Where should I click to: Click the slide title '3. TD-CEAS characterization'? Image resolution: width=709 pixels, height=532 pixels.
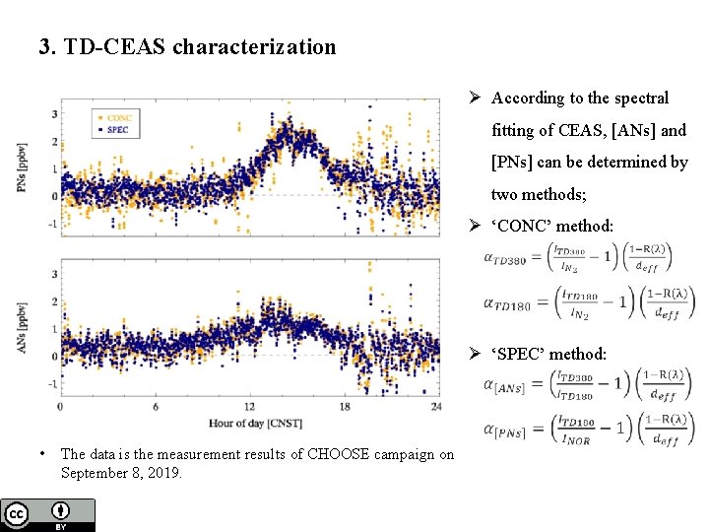click(187, 46)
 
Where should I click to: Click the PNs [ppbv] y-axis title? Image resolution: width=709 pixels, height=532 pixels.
click(21, 168)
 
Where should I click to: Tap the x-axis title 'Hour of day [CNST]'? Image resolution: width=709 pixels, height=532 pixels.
click(255, 424)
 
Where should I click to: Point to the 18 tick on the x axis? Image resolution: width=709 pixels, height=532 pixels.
click(345, 407)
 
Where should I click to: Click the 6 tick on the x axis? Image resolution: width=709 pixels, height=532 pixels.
click(156, 407)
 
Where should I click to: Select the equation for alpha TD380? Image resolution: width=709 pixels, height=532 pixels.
click(578, 258)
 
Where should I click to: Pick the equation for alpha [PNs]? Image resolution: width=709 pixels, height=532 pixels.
click(589, 432)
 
